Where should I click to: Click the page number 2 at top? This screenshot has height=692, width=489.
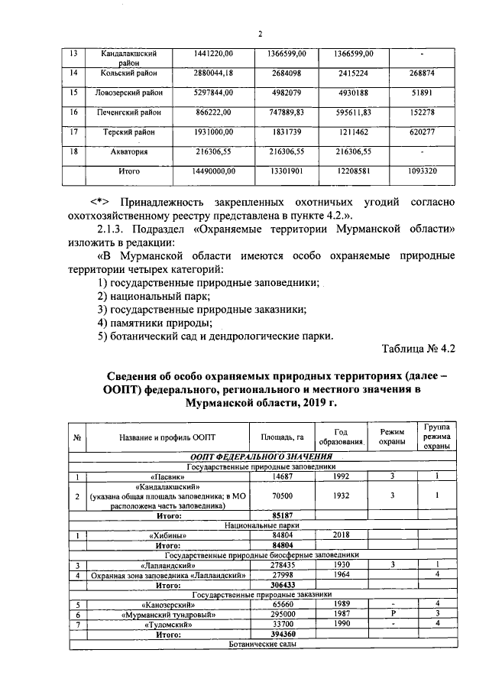coord(260,34)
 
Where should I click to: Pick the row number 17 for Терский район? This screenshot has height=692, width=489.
coord(73,132)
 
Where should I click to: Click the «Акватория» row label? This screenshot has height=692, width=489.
coord(129,151)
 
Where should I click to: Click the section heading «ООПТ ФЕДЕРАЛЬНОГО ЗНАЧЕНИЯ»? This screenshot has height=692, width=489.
coord(259,456)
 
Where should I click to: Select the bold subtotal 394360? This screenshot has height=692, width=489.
coord(283,634)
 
